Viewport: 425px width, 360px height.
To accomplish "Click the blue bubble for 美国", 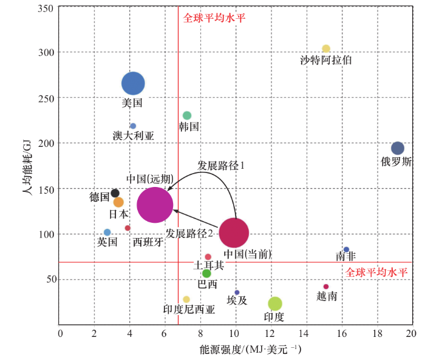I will pyautogui.click(x=133, y=84).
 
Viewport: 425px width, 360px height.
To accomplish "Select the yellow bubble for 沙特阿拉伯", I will pyautogui.click(x=326, y=49).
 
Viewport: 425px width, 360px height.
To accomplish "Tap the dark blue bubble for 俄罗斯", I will pyautogui.click(x=397, y=148).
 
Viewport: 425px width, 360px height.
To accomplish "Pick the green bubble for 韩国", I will pyautogui.click(x=187, y=115).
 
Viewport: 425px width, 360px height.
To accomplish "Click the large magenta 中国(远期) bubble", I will pyautogui.click(x=155, y=205).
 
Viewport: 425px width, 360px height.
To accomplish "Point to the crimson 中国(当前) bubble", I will pyautogui.click(x=234, y=232).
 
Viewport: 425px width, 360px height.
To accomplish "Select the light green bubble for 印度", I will pyautogui.click(x=275, y=303).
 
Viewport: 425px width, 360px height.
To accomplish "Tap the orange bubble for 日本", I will pyautogui.click(x=118, y=202).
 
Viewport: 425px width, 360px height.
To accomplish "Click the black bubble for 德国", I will pyautogui.click(x=115, y=194).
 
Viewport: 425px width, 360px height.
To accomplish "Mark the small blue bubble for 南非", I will pyautogui.click(x=346, y=250).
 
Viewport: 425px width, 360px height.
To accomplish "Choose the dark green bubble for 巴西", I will pyautogui.click(x=206, y=273).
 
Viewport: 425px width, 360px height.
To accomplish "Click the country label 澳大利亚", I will pyautogui.click(x=134, y=135).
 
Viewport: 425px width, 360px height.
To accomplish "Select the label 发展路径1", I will pyautogui.click(x=221, y=165).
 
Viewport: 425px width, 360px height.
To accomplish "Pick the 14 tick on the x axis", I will pyautogui.click(x=305, y=335).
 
